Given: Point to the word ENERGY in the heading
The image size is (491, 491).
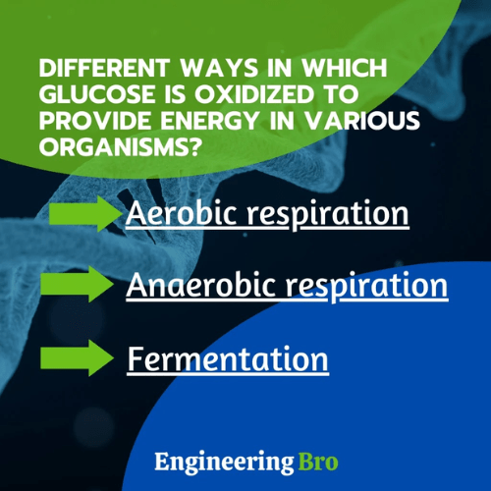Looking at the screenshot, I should pyautogui.click(x=209, y=121).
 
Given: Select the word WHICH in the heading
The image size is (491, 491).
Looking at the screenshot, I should pyautogui.click(x=335, y=71).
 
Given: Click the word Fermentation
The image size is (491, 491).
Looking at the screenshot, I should pyautogui.click(x=227, y=358).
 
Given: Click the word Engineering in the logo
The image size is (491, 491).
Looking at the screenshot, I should pyautogui.click(x=222, y=461).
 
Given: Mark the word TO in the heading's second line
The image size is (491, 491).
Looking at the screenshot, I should pyautogui.click(x=341, y=95).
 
